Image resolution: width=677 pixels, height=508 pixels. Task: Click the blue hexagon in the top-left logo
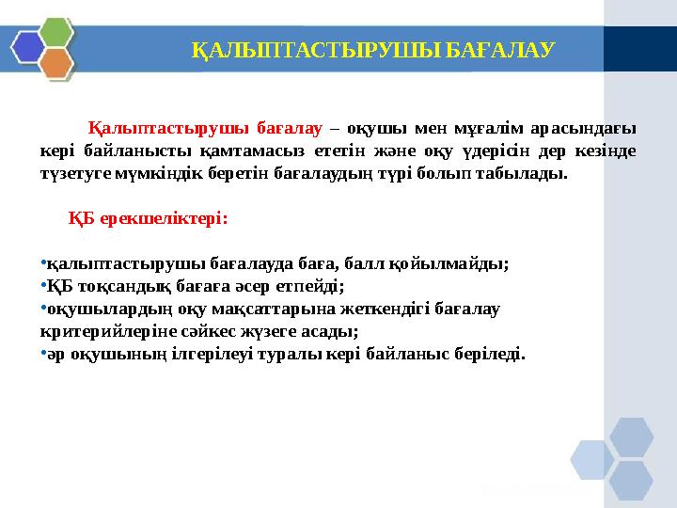coord(29,45)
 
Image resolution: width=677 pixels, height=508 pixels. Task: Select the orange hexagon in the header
coord(57,62)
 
